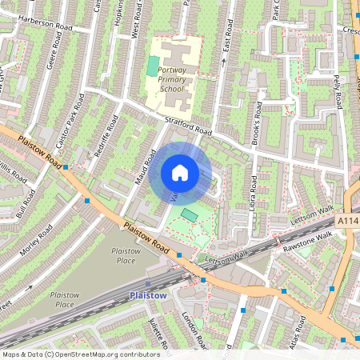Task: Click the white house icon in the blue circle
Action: pos(180,173)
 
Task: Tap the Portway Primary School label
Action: pos(171,80)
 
